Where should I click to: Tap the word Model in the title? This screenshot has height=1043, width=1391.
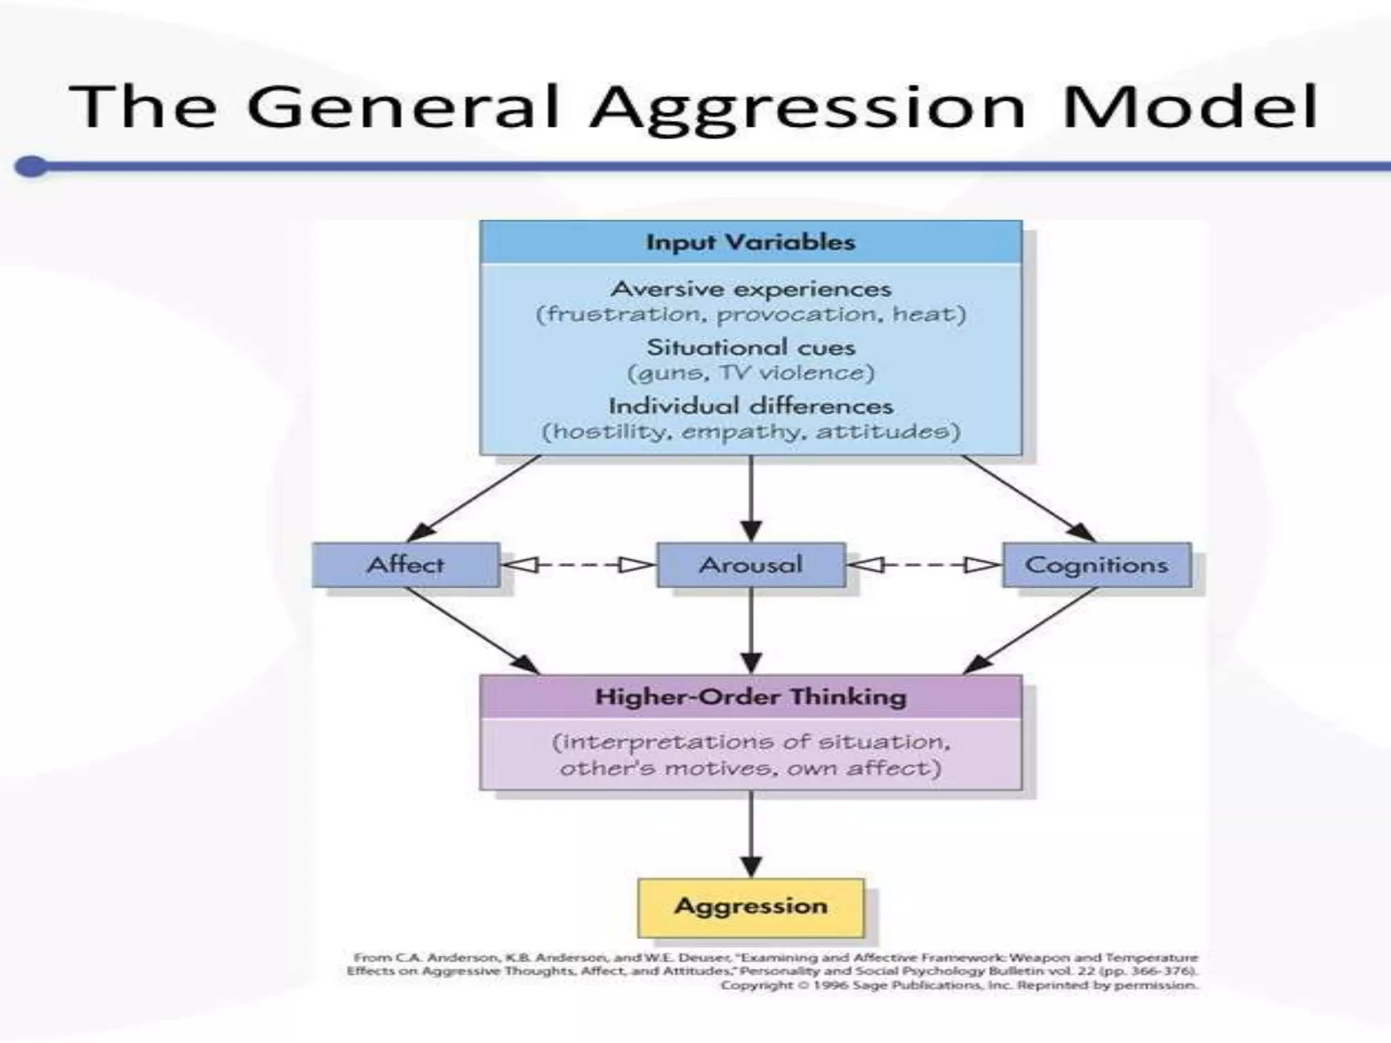coord(1189,107)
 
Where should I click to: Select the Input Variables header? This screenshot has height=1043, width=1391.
coord(751,242)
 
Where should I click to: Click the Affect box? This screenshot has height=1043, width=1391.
coord(405,564)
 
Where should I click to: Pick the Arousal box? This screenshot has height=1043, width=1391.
coord(751,564)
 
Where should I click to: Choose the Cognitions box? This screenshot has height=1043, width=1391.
coord(1096,564)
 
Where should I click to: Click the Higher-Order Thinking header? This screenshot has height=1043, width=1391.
coord(751,697)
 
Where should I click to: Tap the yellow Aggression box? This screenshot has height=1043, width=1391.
coord(751,907)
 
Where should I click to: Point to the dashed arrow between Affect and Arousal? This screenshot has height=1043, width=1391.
coord(578,565)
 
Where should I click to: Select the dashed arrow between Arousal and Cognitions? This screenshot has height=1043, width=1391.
coord(924,565)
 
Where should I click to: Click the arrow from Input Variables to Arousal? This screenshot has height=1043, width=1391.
coord(751,499)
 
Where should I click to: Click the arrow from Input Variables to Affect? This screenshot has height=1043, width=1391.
coord(475,498)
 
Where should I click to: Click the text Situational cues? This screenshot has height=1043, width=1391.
coord(751,348)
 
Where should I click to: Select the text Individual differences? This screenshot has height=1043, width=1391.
coord(751,406)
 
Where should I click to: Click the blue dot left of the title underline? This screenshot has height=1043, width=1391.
coord(31,166)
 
